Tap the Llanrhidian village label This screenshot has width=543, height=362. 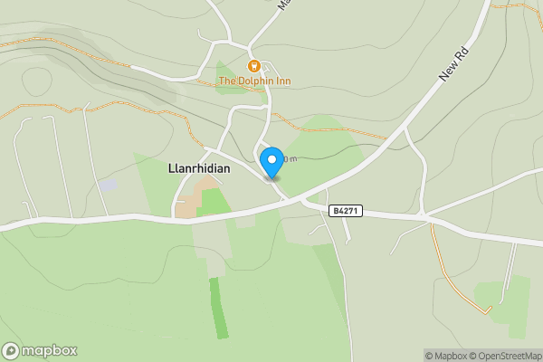(x=199, y=168)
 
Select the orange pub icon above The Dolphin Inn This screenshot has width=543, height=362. (x=254, y=65)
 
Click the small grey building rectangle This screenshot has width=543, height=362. (x=108, y=186)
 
